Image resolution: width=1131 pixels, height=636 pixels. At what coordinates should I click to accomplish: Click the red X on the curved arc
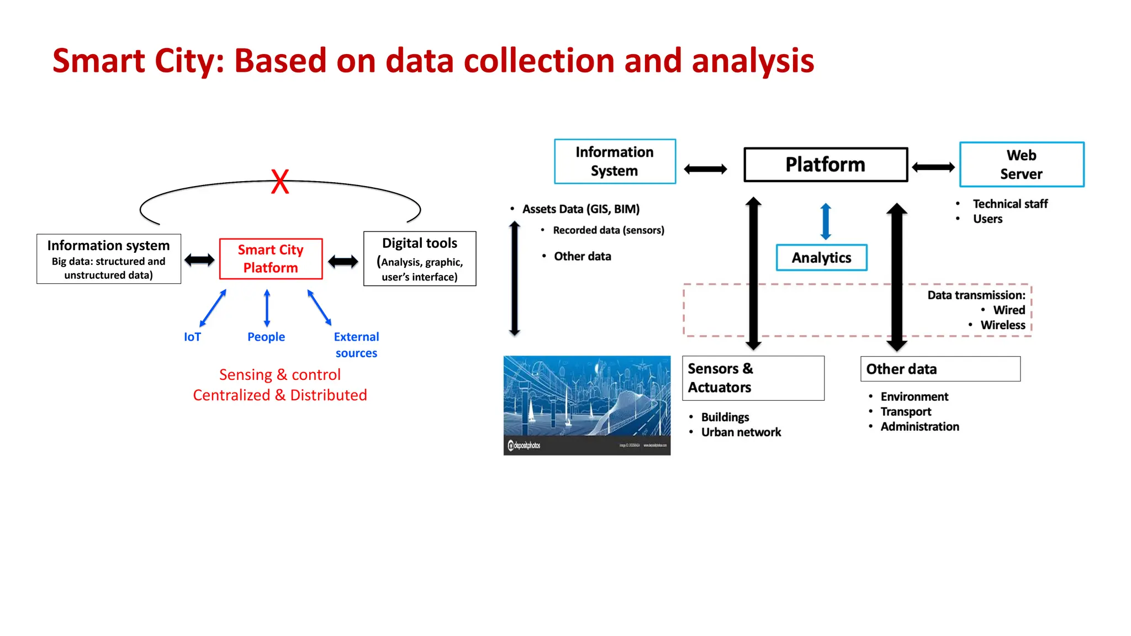click(280, 182)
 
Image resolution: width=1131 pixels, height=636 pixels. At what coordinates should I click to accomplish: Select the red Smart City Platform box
click(271, 259)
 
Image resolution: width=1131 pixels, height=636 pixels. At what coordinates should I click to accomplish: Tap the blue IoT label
click(192, 337)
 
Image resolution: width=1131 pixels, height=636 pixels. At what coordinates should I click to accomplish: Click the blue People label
click(266, 337)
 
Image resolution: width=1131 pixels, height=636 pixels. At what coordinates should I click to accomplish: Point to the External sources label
click(356, 344)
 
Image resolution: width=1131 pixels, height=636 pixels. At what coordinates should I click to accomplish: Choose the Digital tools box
click(420, 259)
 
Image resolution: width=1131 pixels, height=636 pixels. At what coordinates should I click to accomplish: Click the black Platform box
click(825, 165)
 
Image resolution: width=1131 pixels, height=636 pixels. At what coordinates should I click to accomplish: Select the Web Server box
click(1021, 165)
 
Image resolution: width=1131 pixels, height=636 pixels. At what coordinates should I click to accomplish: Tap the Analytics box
click(821, 258)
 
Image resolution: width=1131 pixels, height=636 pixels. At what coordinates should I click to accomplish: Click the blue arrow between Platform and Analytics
click(826, 221)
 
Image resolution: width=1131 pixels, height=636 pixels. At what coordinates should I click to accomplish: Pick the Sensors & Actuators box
click(753, 378)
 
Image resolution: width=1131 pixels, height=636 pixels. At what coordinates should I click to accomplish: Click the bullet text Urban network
click(741, 432)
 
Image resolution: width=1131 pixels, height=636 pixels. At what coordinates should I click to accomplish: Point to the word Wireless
click(1002, 325)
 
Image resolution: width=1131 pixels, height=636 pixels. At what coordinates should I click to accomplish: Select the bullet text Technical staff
click(1010, 204)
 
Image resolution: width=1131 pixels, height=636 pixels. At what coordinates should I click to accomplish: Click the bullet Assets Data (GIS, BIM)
click(580, 209)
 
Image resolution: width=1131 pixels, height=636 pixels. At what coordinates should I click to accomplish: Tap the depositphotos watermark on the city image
click(524, 446)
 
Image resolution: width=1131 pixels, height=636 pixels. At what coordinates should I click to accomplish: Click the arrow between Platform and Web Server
click(933, 167)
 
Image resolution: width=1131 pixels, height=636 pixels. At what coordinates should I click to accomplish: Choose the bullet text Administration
click(919, 427)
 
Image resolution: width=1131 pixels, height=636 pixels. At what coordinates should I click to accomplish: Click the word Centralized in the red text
click(231, 395)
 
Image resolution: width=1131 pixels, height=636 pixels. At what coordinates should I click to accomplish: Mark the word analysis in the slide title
click(753, 61)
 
